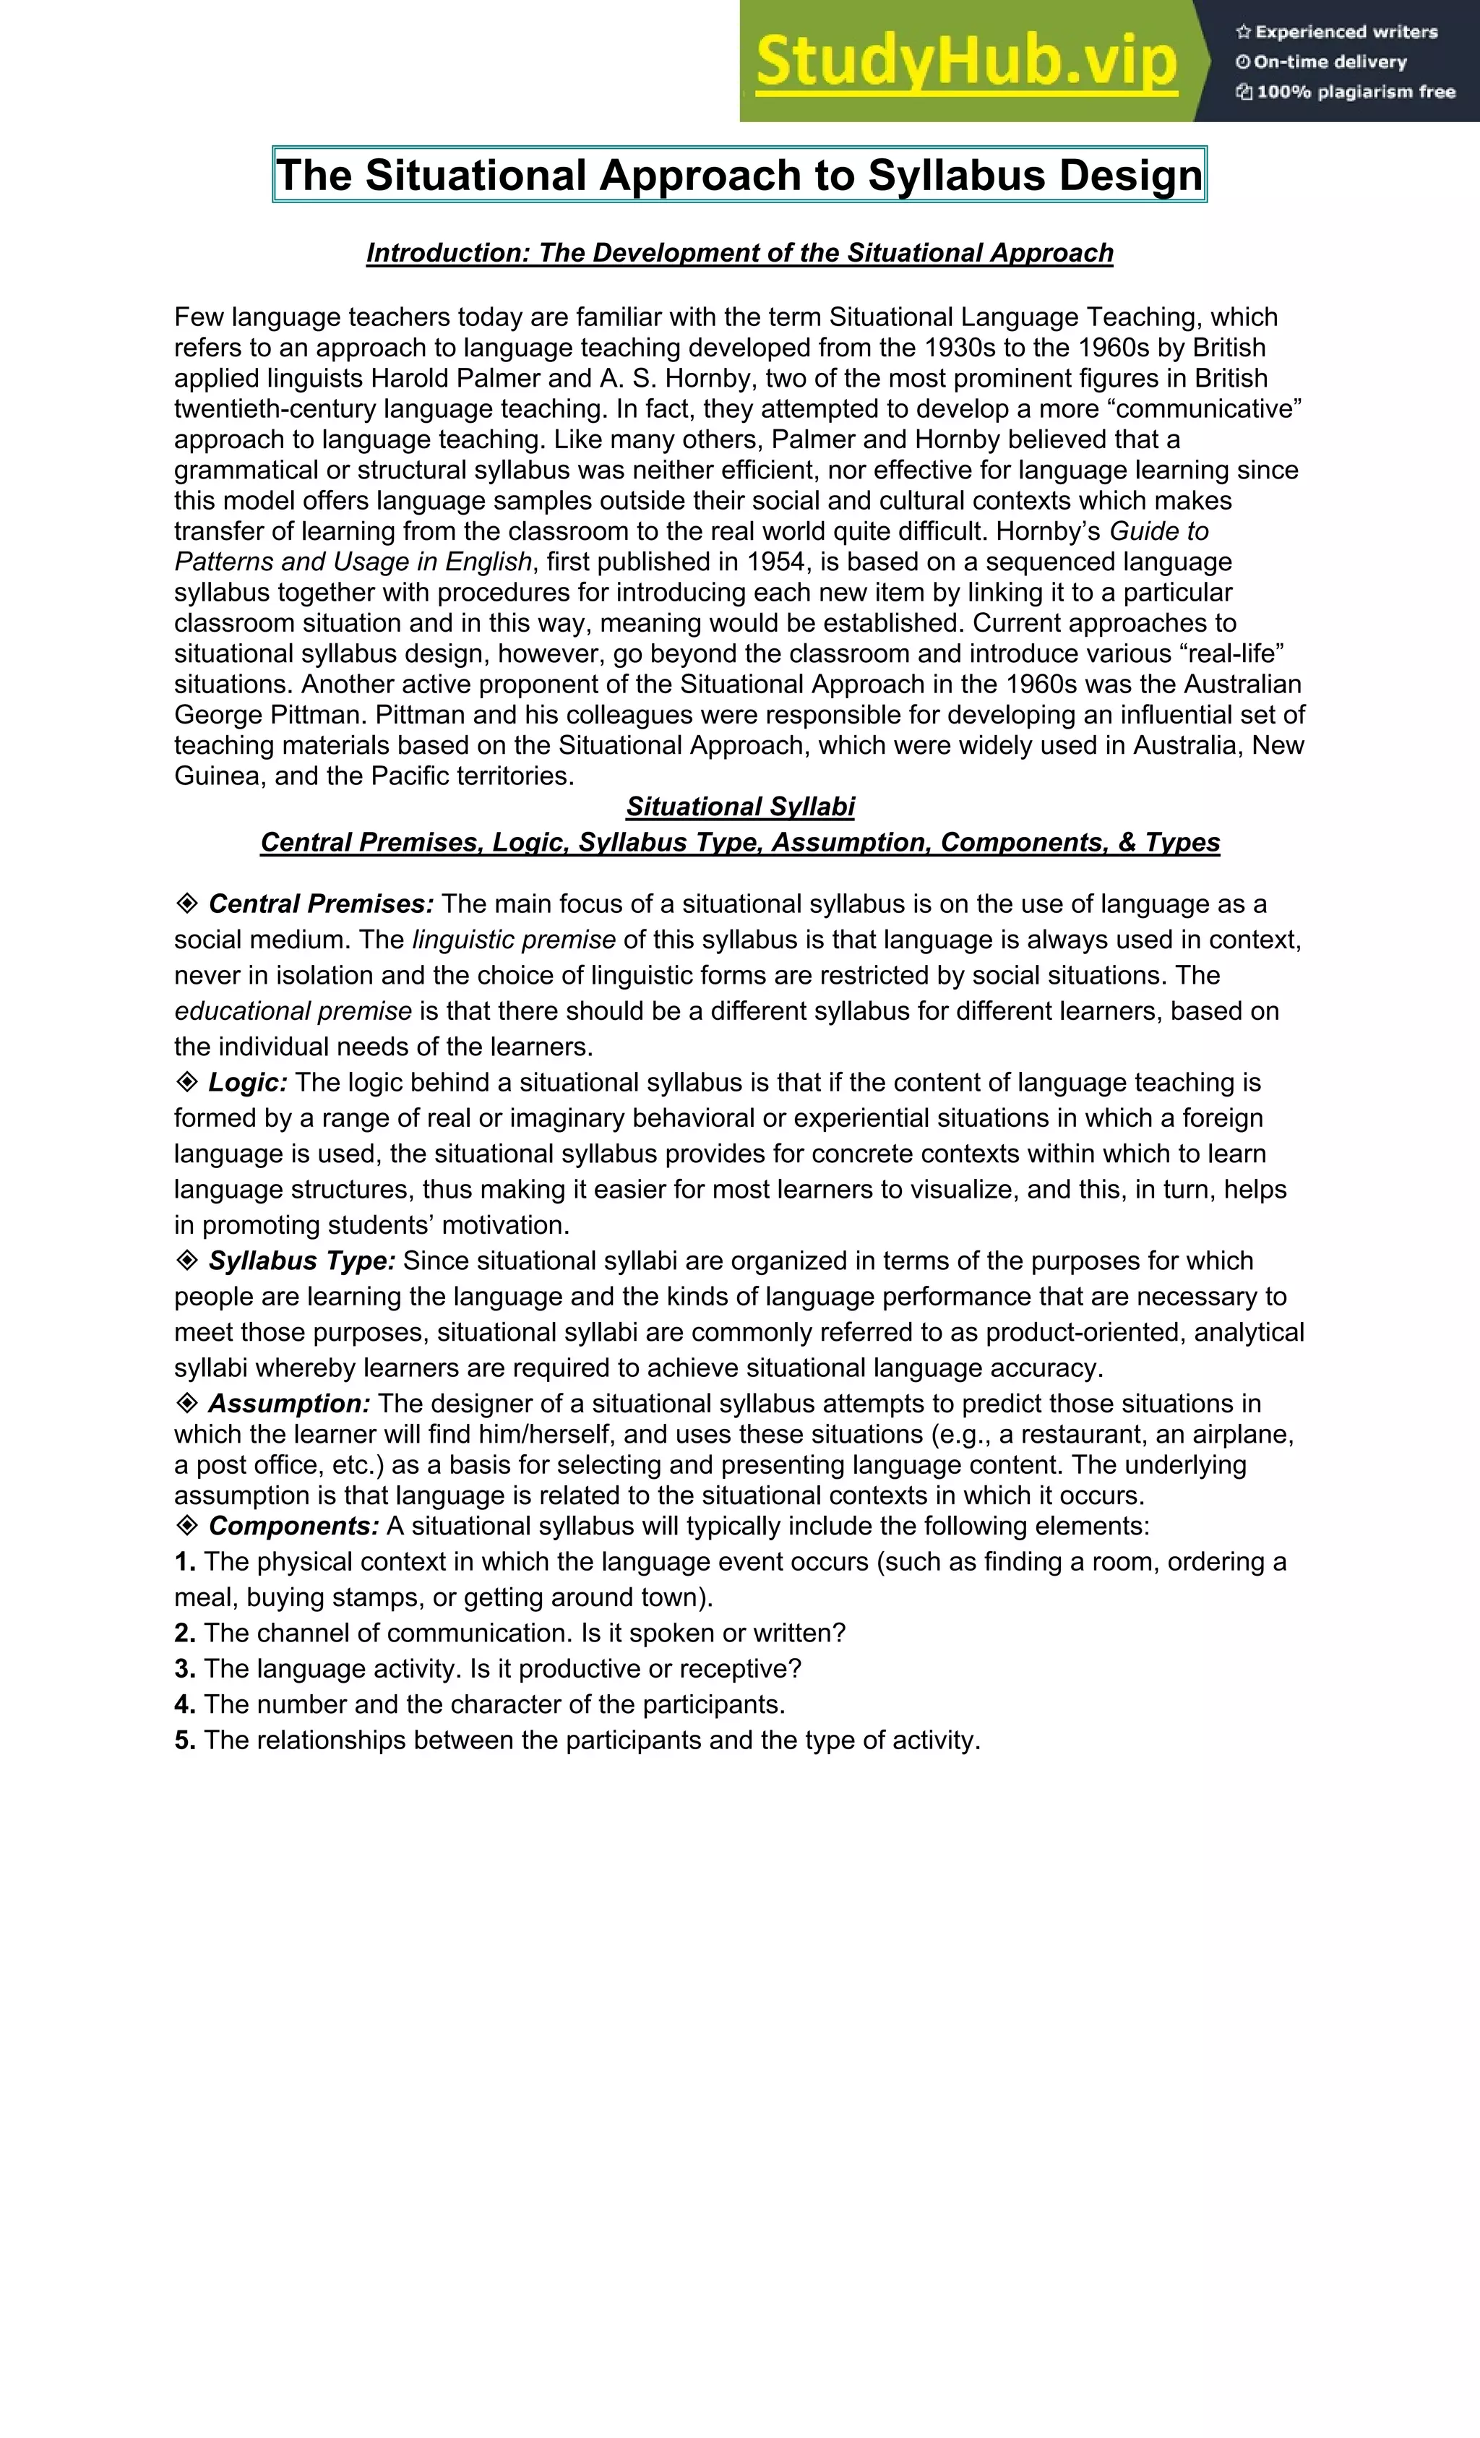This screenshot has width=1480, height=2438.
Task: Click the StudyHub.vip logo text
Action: coord(966,61)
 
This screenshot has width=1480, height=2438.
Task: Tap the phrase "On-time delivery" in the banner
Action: coord(1330,61)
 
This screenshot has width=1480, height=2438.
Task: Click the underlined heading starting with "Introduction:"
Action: coord(739,253)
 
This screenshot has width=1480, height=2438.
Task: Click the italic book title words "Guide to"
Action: coord(1158,531)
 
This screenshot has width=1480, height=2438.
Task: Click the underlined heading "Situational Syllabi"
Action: coord(739,807)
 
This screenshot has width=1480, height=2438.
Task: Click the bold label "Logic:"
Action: coord(247,1083)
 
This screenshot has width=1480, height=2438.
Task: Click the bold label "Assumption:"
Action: coord(289,1403)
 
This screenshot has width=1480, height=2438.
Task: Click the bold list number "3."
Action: coord(185,1668)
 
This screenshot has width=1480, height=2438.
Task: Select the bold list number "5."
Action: coord(185,1740)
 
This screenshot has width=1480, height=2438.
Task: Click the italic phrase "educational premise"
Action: coord(293,1011)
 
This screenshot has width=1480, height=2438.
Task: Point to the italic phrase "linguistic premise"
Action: coord(514,940)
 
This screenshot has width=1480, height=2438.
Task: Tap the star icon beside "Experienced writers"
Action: coord(1244,32)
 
